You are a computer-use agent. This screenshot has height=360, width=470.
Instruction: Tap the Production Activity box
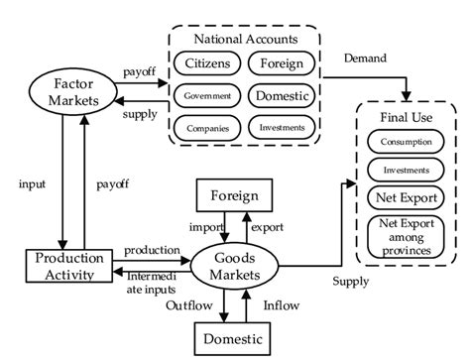pos(65,267)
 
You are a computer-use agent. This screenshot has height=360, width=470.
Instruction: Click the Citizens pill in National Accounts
pos(205,64)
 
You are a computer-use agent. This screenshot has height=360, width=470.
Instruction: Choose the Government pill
pos(205,96)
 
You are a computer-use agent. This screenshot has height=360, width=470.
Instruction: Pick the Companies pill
pos(205,127)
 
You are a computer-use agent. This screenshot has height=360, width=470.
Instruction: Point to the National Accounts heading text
pos(245,40)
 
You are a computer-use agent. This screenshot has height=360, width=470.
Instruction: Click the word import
pos(193,226)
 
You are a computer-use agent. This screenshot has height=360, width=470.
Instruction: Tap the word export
pos(266,226)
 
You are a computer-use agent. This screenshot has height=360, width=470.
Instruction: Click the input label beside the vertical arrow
pos(34,184)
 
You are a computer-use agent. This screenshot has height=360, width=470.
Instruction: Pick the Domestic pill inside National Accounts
pos(281,96)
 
